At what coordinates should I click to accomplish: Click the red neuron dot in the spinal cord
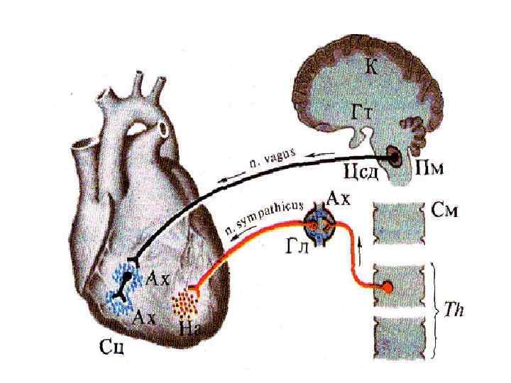point(388,287)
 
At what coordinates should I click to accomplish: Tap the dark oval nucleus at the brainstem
point(393,153)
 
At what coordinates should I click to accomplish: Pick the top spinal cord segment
point(400,223)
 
